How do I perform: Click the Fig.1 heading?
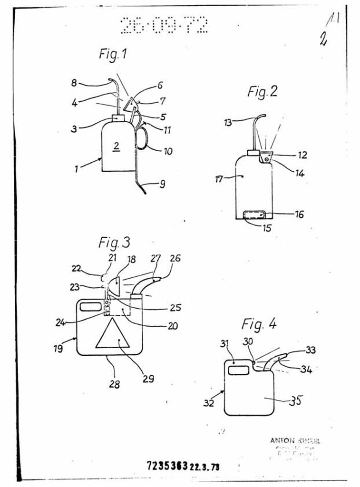[113, 54]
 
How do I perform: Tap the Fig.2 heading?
[262, 91]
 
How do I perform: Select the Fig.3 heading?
[114, 243]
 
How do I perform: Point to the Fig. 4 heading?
[259, 325]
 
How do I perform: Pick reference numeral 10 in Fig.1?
[168, 152]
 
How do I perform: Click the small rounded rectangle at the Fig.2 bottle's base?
[254, 215]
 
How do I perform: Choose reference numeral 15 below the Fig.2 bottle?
[267, 228]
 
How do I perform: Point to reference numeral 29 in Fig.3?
[148, 379]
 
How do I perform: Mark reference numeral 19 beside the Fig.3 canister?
[58, 348]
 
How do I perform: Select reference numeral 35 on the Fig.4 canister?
[295, 401]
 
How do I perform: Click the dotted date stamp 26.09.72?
[164, 25]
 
